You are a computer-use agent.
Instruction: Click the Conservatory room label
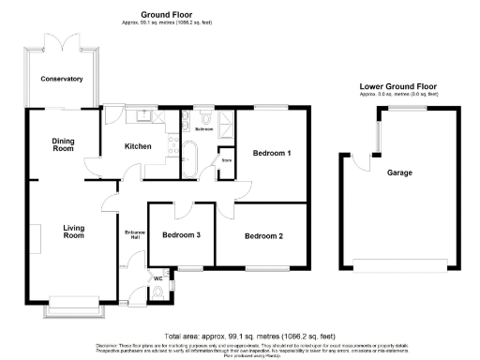point(63,79)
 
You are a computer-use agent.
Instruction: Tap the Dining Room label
point(63,144)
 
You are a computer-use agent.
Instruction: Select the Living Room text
point(74,232)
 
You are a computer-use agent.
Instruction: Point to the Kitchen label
point(139,146)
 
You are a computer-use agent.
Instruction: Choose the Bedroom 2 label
point(263,236)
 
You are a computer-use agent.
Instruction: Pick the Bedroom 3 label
point(181,235)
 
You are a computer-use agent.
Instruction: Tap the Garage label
point(400,173)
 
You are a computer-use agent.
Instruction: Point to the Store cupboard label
point(227,159)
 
